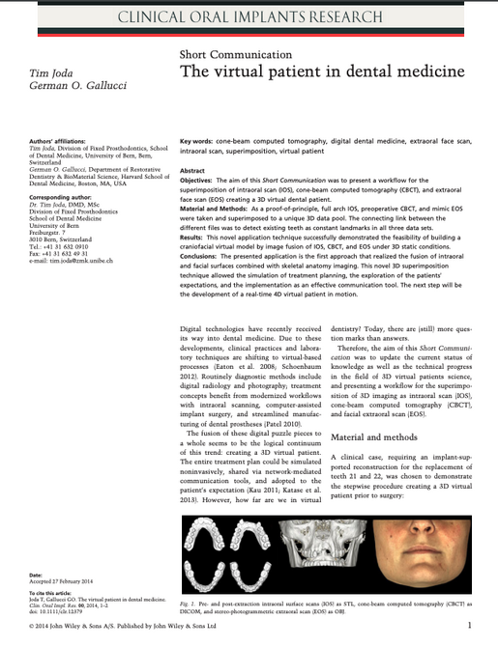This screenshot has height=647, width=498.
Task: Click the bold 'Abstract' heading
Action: [193, 170]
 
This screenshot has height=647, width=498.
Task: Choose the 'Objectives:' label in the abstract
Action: [203, 181]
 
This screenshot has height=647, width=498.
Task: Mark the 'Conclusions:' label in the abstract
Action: [205, 255]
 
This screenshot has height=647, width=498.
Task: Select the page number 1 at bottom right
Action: [468, 626]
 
